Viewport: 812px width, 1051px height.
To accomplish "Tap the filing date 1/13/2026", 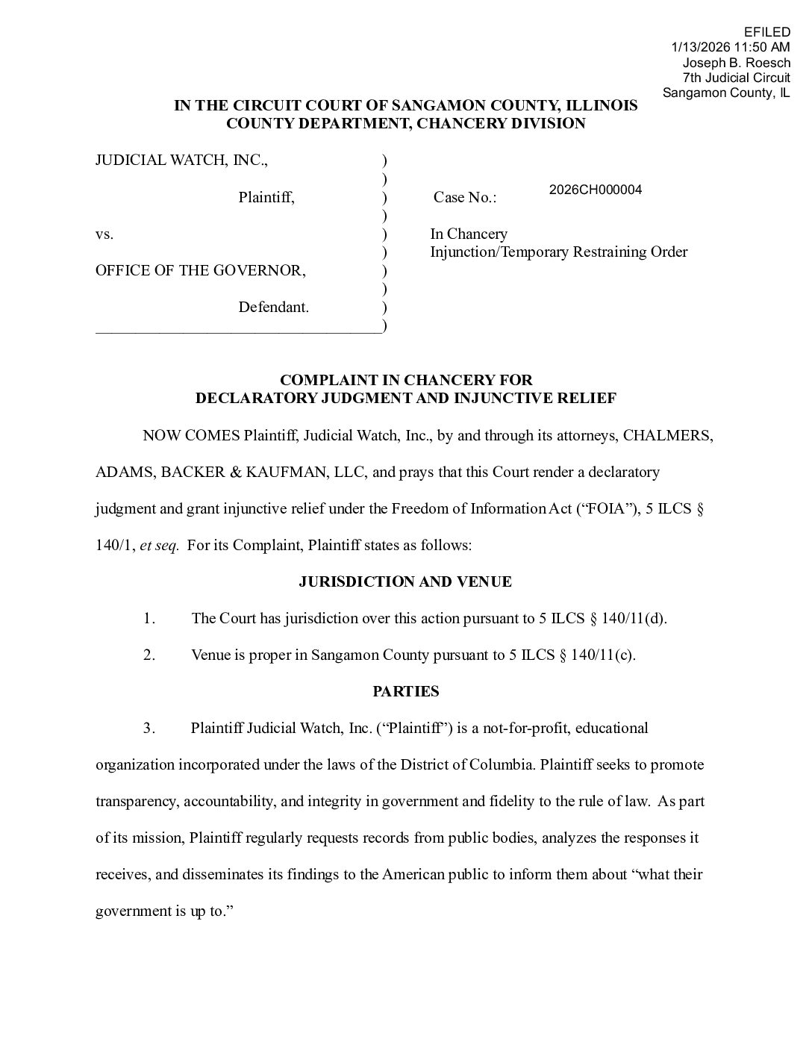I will click(x=699, y=47).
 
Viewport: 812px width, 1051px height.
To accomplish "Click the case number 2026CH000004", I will click(x=595, y=190).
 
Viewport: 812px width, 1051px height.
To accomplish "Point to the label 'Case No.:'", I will click(x=464, y=198).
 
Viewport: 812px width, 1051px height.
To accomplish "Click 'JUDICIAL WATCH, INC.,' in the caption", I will click(x=181, y=160).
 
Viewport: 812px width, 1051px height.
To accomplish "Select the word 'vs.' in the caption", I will click(x=104, y=234).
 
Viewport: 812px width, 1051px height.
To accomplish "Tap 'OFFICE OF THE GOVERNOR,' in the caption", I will click(x=200, y=270).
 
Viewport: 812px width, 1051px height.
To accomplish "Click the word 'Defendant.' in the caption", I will click(x=273, y=307).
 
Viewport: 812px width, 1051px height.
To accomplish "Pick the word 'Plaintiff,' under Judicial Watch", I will click(x=266, y=198).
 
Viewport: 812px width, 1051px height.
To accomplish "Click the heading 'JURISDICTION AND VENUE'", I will click(x=405, y=581).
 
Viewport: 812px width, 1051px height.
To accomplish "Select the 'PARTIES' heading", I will click(x=405, y=691).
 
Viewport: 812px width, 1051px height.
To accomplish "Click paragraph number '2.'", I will click(x=149, y=655).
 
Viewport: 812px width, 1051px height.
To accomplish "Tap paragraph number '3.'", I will click(x=149, y=728).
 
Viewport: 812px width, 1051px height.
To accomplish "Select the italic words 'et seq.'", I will click(x=159, y=546).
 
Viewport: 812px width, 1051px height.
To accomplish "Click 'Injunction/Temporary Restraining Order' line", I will click(x=558, y=252).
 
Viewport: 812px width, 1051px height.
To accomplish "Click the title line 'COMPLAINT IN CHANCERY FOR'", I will click(x=405, y=381).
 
